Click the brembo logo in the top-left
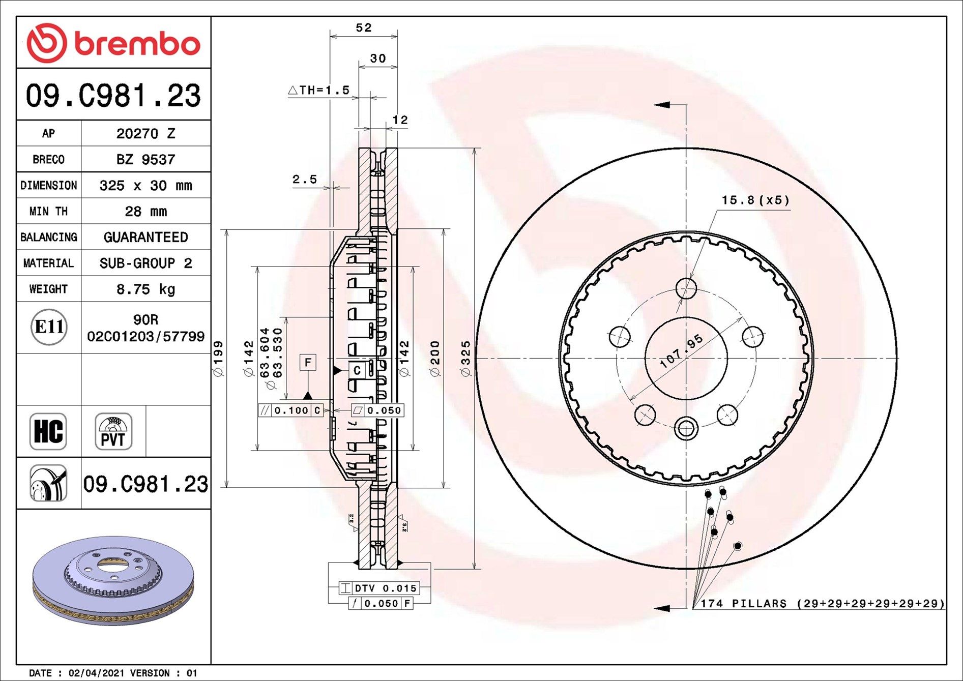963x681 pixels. click(113, 43)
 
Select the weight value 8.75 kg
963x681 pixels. click(145, 289)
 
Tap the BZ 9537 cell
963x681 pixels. click(145, 160)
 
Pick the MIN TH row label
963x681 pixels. click(48, 212)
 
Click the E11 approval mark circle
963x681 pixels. click(49, 327)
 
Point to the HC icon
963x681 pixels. click(48, 431)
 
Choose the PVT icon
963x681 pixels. click(113, 431)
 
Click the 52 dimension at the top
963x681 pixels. click(364, 28)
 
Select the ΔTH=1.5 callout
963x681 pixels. click(319, 91)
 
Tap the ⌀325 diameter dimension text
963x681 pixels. click(465, 359)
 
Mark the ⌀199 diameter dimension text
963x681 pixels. click(218, 359)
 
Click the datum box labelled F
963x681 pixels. click(308, 363)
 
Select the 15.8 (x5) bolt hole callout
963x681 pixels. click(755, 200)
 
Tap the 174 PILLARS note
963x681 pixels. click(822, 604)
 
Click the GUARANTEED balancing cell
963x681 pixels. click(145, 238)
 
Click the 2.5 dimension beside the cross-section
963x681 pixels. click(304, 180)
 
